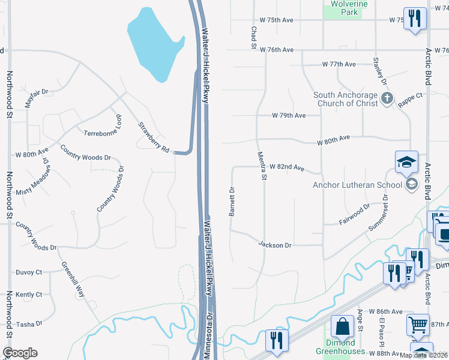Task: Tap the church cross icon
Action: point(388,98)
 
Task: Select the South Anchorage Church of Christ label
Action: point(345,99)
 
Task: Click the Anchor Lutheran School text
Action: point(357,185)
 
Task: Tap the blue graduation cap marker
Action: point(406,161)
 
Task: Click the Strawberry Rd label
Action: point(154,137)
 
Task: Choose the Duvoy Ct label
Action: point(29,272)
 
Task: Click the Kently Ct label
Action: point(29,295)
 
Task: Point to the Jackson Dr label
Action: point(275,245)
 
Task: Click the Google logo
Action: point(20,353)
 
